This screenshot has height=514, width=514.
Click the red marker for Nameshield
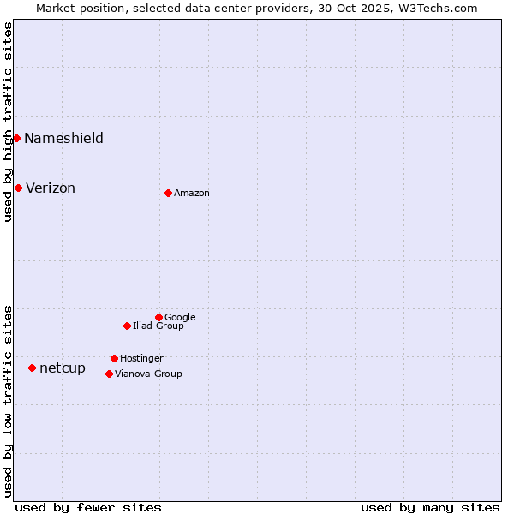[x=16, y=138]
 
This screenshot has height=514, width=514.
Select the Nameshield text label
[x=63, y=139]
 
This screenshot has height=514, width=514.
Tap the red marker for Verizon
[x=18, y=188]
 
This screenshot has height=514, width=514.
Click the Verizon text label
[x=51, y=188]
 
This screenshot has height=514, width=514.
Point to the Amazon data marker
[x=168, y=193]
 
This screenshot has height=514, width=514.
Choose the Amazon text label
[x=192, y=194]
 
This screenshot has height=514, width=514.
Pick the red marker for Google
[x=158, y=317]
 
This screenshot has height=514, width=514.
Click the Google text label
[x=180, y=318]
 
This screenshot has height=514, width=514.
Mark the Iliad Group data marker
[x=127, y=326]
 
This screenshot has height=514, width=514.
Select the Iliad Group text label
[x=158, y=326]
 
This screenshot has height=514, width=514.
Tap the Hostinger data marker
[x=114, y=358]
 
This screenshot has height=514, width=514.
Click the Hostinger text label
[x=141, y=359]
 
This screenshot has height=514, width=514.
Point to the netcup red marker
[x=32, y=368]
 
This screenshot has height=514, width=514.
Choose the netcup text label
[x=63, y=368]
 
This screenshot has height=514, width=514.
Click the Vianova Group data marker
[x=109, y=374]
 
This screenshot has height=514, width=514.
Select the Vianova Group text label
[x=148, y=374]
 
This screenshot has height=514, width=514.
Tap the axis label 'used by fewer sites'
[x=88, y=507]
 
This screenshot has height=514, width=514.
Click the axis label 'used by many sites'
[x=430, y=507]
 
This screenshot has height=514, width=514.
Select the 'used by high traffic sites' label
[x=8, y=122]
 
